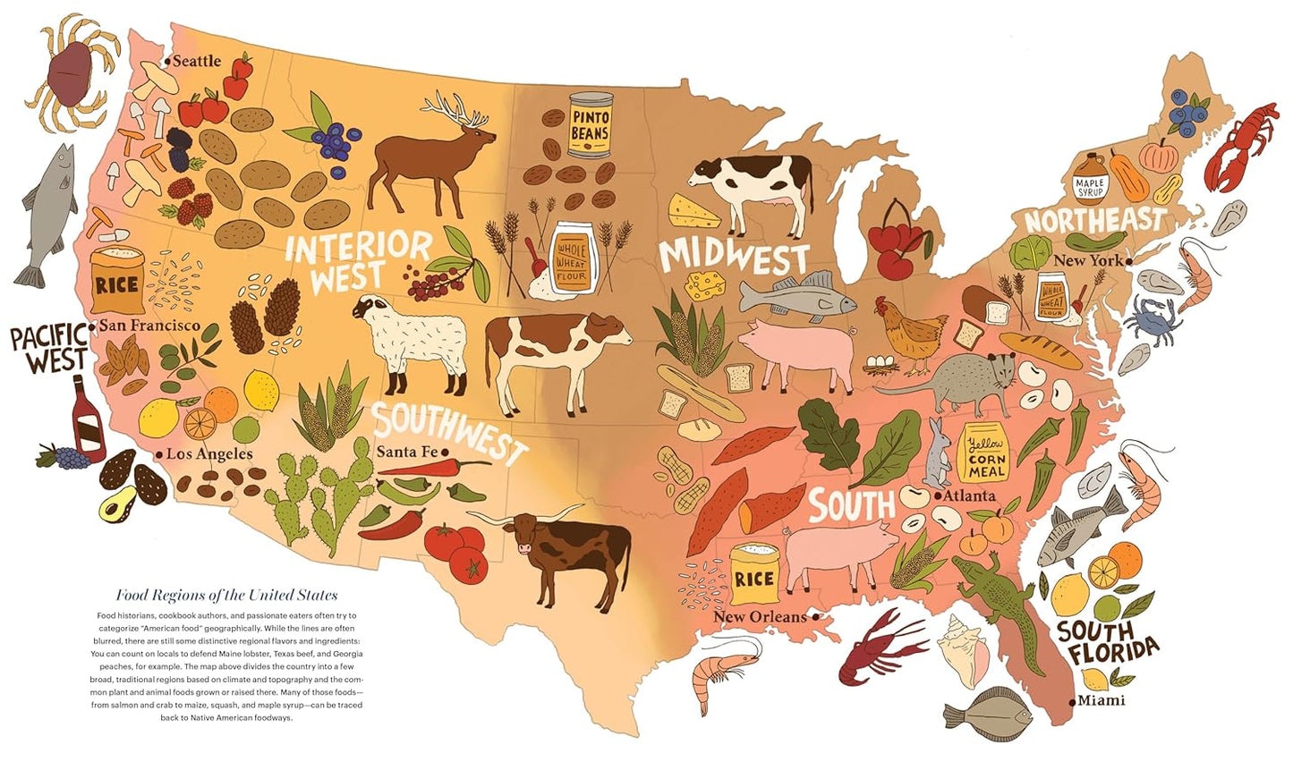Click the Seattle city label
click(195, 61)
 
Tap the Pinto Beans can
click(590, 125)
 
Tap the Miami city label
click(1101, 700)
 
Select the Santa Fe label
click(406, 452)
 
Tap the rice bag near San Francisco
click(116, 280)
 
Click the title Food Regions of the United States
click(226, 595)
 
